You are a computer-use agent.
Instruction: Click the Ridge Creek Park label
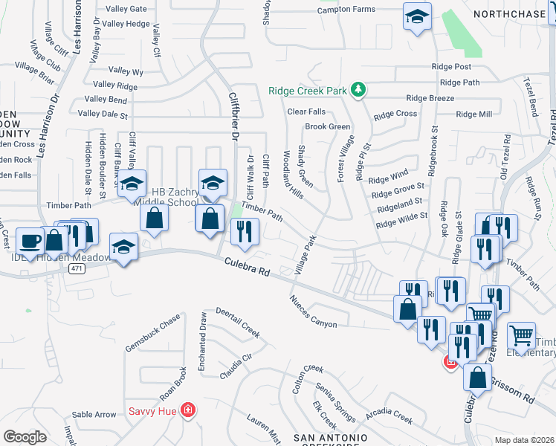coord(308,91)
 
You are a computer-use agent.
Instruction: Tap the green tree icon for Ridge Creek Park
coord(358,90)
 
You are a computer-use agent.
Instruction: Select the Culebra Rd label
coord(246,265)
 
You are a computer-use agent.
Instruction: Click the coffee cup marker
coord(30,241)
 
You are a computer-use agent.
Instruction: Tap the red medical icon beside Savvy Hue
coord(189,410)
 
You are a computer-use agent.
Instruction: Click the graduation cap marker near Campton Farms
coord(417,16)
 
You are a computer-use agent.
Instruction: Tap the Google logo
coord(25,437)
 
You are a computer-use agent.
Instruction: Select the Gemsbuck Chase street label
coord(153,334)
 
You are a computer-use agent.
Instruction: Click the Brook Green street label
coord(327,127)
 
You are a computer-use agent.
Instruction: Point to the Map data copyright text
coord(525,440)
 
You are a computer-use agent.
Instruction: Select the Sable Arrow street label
coord(94,415)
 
